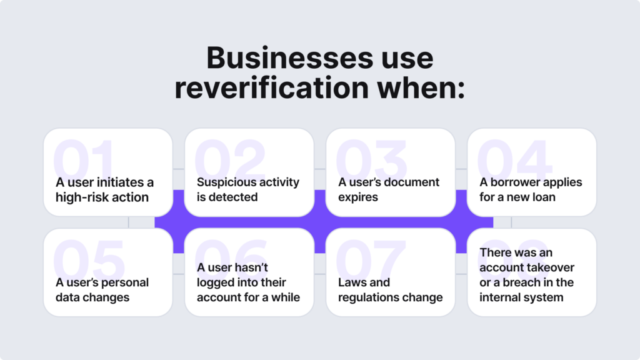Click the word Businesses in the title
pos(289,57)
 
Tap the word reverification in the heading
pos(272,87)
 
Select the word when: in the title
pos(421,87)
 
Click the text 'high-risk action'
pos(102,197)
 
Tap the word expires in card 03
pos(358,197)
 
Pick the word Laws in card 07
pos(350,282)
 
